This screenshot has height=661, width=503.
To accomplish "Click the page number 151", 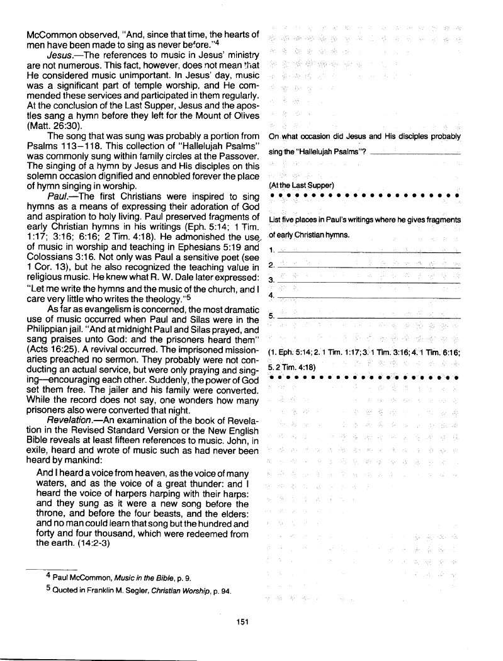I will tap(243, 621).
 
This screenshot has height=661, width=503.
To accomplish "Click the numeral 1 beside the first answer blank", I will tap(271, 250).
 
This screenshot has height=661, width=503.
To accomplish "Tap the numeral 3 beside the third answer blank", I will tap(271, 280).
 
